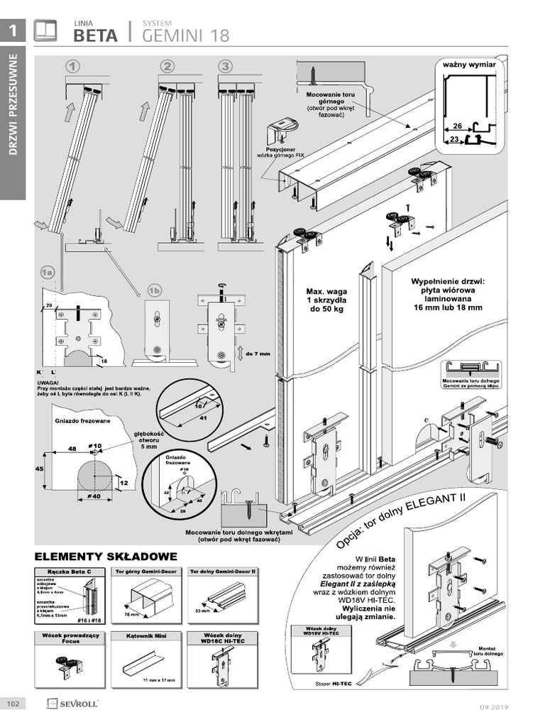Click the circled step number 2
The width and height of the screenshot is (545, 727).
click(x=167, y=66)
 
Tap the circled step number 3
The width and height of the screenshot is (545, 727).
click(x=225, y=66)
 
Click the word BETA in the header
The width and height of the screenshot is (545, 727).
click(x=95, y=35)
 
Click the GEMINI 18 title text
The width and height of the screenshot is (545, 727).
click(x=186, y=35)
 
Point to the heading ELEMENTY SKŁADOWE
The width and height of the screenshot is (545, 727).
click(x=106, y=555)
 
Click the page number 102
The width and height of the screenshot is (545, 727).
click(x=13, y=704)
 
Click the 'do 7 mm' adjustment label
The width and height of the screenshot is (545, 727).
click(x=258, y=353)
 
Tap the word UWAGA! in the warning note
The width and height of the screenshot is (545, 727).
click(x=48, y=382)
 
